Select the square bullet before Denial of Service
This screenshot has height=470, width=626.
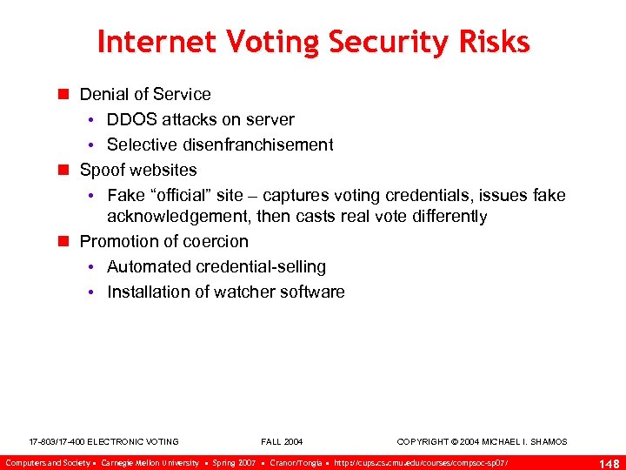point(62,94)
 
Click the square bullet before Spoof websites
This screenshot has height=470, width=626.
point(62,170)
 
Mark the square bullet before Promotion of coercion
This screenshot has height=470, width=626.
point(62,241)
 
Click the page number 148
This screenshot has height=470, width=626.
point(609,463)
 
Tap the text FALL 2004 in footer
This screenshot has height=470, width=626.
point(282,442)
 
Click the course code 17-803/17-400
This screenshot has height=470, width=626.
point(57,442)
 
